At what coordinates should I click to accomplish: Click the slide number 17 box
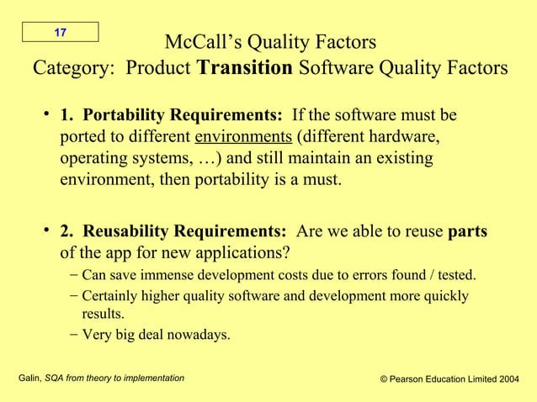pyautogui.click(x=60, y=32)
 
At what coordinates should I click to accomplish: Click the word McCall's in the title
pyautogui.click(x=199, y=42)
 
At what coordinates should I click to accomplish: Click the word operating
pyautogui.click(x=94, y=158)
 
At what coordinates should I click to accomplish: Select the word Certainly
pyautogui.click(x=116, y=296)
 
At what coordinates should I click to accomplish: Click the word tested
pyautogui.click(x=455, y=275)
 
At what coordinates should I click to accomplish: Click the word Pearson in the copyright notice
pyautogui.click(x=409, y=380)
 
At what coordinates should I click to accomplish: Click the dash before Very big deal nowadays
pyautogui.click(x=75, y=335)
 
